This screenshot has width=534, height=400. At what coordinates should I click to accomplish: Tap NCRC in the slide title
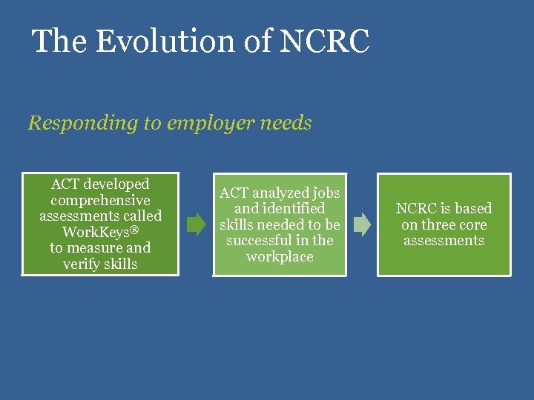click(325, 41)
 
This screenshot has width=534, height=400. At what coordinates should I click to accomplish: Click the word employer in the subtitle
click(211, 123)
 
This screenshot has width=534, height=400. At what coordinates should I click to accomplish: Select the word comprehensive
click(100, 200)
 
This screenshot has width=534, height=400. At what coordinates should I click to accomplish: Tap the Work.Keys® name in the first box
click(100, 232)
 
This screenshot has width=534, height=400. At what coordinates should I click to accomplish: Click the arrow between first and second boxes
click(197, 224)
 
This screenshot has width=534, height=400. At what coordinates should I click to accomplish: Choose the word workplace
click(280, 257)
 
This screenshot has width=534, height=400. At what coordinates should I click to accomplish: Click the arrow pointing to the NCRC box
click(362, 224)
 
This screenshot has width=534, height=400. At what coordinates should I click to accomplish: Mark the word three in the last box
click(441, 225)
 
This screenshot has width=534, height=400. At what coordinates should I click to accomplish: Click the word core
click(475, 225)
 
